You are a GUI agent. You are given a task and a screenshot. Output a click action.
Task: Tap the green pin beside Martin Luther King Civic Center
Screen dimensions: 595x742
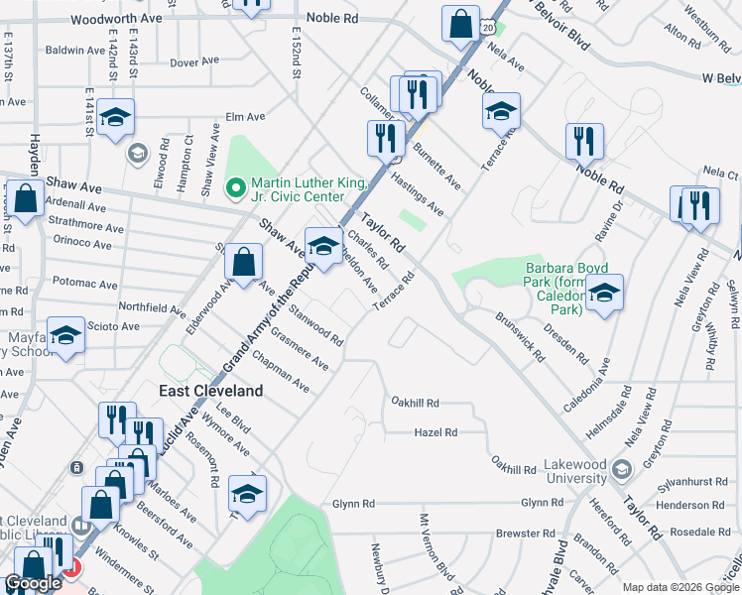pos(236,185)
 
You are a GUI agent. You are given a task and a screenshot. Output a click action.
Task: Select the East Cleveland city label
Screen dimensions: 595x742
pos(211,391)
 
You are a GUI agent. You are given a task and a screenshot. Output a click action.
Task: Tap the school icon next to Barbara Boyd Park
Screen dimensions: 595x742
pos(604,293)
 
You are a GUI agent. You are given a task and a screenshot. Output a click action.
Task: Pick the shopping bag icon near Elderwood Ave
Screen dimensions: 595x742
pos(243,263)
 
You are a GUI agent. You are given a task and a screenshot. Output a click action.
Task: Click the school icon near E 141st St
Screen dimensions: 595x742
pos(115,118)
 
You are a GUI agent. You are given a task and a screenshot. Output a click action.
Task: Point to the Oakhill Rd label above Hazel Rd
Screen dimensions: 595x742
pos(415,404)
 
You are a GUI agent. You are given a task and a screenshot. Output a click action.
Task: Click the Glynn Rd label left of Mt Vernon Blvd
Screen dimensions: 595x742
pos(353,504)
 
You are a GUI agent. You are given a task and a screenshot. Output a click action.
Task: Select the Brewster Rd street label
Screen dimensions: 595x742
pos(518,533)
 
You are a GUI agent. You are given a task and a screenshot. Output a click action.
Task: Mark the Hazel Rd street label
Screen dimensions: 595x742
pos(436,432)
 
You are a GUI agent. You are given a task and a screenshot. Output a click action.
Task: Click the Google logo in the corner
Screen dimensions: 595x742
pos(33,583)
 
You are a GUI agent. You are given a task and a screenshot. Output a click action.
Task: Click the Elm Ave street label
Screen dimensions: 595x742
pos(246,116)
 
